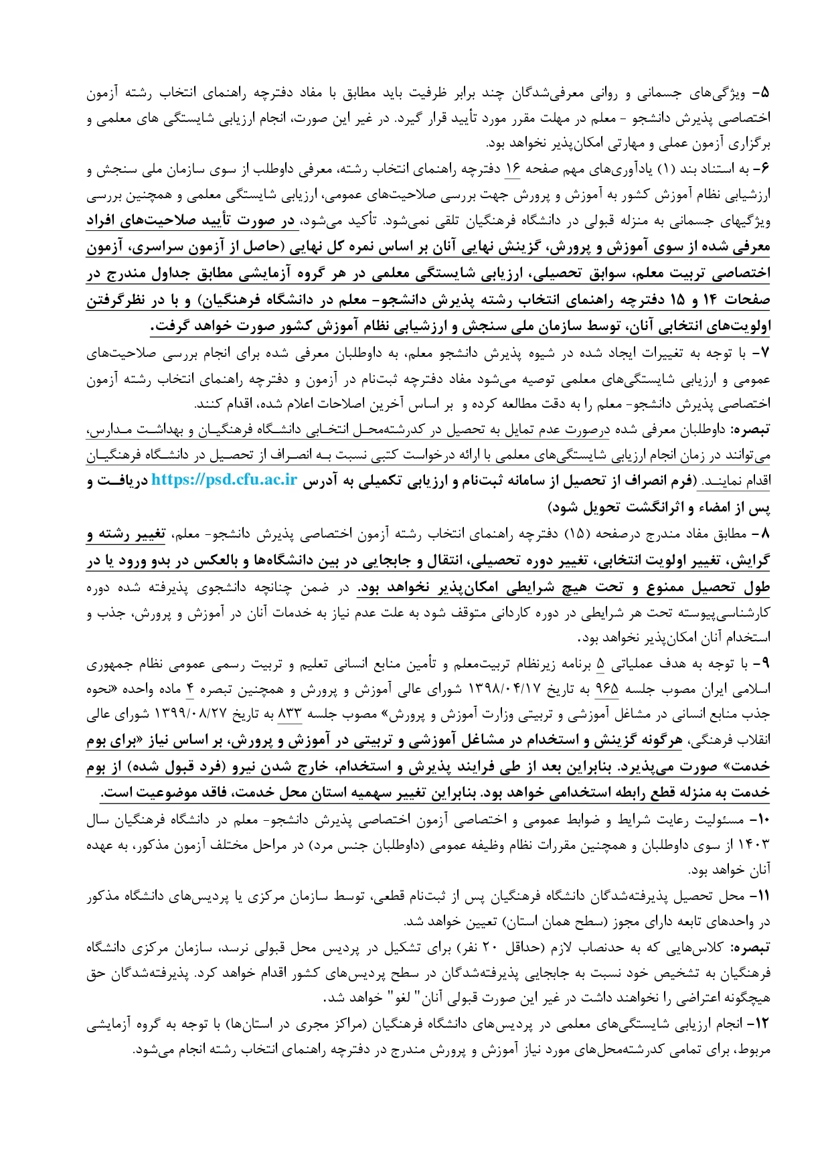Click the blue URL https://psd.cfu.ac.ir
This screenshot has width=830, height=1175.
pos(224,480)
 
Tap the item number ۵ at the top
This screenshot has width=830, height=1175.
pos(763,92)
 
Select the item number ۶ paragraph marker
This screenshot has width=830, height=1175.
pos(763,169)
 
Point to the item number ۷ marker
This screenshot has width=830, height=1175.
pos(763,352)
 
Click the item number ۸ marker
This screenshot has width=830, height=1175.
pos(763,534)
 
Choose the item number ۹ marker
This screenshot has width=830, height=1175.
pos(763,664)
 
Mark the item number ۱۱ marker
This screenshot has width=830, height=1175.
pos(762,896)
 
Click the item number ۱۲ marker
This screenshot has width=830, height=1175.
pos(762,1025)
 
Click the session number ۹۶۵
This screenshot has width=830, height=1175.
pos(606,690)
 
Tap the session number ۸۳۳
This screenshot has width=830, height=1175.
pos(290,715)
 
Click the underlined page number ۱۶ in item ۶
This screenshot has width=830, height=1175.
pos(512,169)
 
